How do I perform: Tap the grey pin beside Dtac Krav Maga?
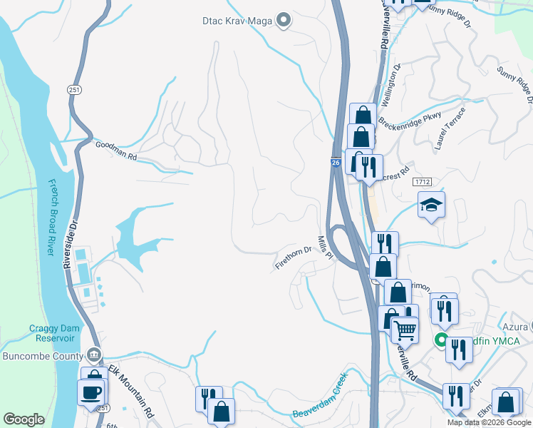[x=284, y=20]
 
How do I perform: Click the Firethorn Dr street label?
[x=294, y=258]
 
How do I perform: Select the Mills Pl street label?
[x=326, y=248]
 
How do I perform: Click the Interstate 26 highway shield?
[x=335, y=163]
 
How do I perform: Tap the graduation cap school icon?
[x=431, y=205]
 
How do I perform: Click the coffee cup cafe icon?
[x=91, y=392]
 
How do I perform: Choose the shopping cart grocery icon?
[x=405, y=329]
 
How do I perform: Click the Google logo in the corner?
[x=24, y=419]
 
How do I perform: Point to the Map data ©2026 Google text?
[x=489, y=422]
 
